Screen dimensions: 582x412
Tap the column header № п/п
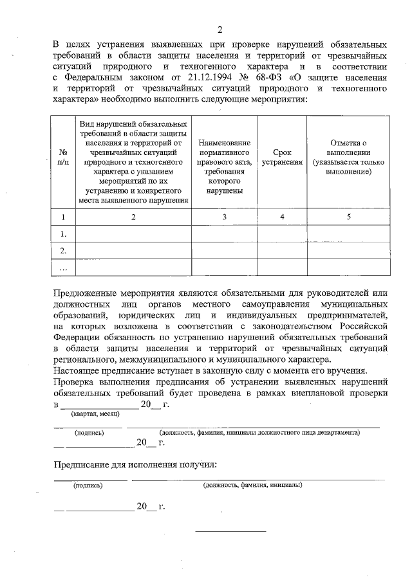point(63,158)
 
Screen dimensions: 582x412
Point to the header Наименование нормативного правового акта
point(225,167)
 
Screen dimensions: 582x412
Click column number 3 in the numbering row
point(225,217)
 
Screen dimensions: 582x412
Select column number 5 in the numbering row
point(348,217)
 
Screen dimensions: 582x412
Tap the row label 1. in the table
point(63,234)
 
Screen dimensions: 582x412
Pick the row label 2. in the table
point(63,251)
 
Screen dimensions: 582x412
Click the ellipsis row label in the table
point(63,267)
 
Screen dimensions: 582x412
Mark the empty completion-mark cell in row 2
point(348,251)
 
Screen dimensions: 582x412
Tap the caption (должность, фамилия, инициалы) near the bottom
point(252,485)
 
